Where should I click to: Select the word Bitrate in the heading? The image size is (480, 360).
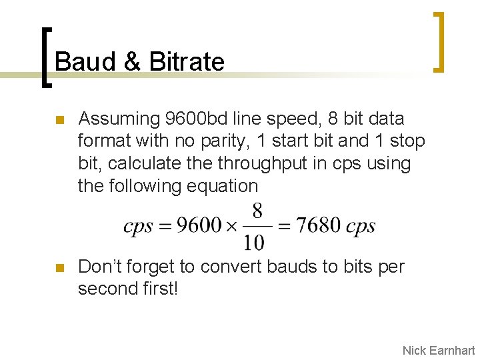[187, 62]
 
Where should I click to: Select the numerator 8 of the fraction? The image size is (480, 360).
[257, 212]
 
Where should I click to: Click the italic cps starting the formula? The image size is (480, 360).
[138, 226]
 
